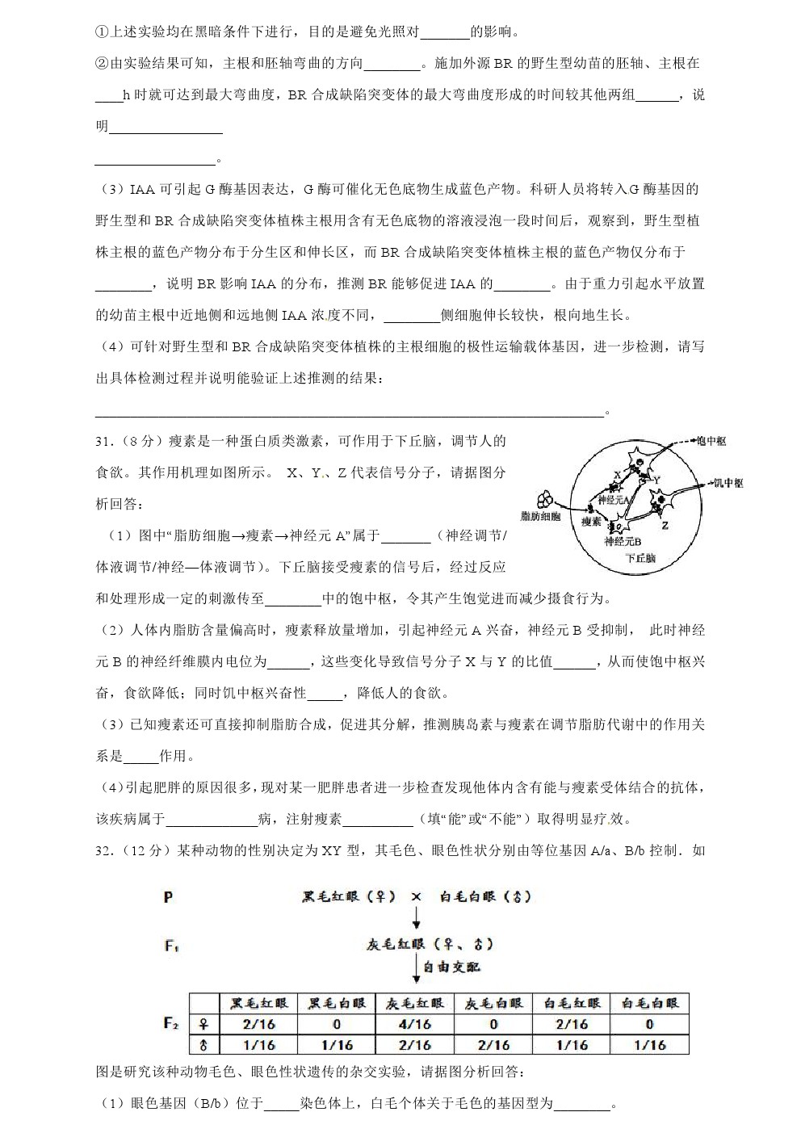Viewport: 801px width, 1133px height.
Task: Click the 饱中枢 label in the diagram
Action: (x=710, y=441)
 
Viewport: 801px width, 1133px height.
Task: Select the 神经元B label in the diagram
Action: (x=623, y=541)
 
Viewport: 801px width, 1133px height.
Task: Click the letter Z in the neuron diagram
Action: (x=665, y=525)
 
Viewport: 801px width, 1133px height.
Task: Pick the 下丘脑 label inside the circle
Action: (x=640, y=558)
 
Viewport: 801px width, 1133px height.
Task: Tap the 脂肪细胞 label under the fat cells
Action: (x=540, y=516)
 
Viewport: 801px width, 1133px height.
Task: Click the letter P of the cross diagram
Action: (x=168, y=896)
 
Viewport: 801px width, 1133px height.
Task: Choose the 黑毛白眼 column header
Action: (x=337, y=1004)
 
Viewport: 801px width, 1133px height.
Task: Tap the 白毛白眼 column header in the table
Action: (x=649, y=1004)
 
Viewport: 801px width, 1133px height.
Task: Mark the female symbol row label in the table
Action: (x=203, y=1024)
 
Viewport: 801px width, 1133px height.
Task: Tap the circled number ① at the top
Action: (x=101, y=32)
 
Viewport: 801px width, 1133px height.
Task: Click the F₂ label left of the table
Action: (x=170, y=1024)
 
